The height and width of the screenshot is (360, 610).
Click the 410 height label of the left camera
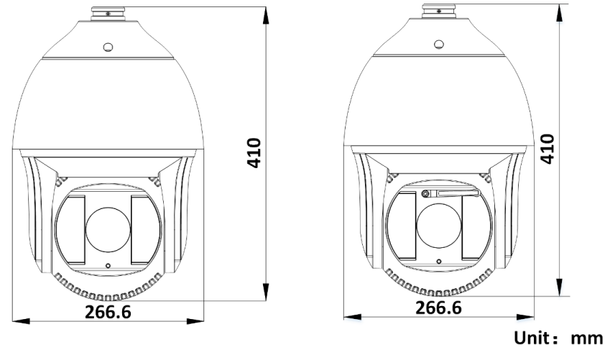coord(254,152)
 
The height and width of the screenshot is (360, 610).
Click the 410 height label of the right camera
coord(547,149)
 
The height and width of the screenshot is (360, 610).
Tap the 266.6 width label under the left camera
coord(108,312)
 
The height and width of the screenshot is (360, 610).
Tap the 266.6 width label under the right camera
coord(439,308)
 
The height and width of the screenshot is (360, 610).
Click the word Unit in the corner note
coord(532,338)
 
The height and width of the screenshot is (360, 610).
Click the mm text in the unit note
coord(587,338)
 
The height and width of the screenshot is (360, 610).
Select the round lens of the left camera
coord(108,230)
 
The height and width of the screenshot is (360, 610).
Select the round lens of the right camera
coord(439,226)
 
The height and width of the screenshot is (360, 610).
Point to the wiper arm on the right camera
coord(451,193)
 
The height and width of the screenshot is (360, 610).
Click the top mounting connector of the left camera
coord(108,14)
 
